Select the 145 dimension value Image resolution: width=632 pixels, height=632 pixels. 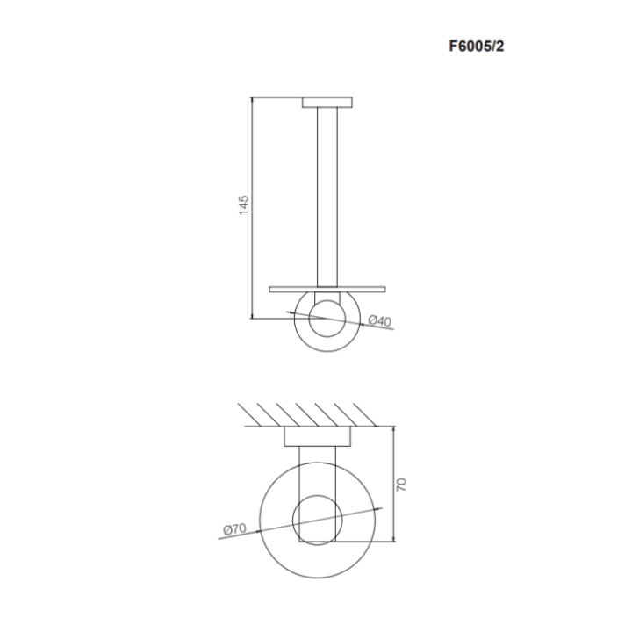coord(244,205)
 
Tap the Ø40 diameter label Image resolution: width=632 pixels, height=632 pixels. coord(379,322)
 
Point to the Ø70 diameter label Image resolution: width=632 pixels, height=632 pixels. coord(234,528)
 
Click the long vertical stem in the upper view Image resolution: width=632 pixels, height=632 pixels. coord(327,193)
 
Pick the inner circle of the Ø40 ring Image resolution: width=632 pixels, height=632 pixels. coord(327,315)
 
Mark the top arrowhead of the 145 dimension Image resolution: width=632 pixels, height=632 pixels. coord(253,101)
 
